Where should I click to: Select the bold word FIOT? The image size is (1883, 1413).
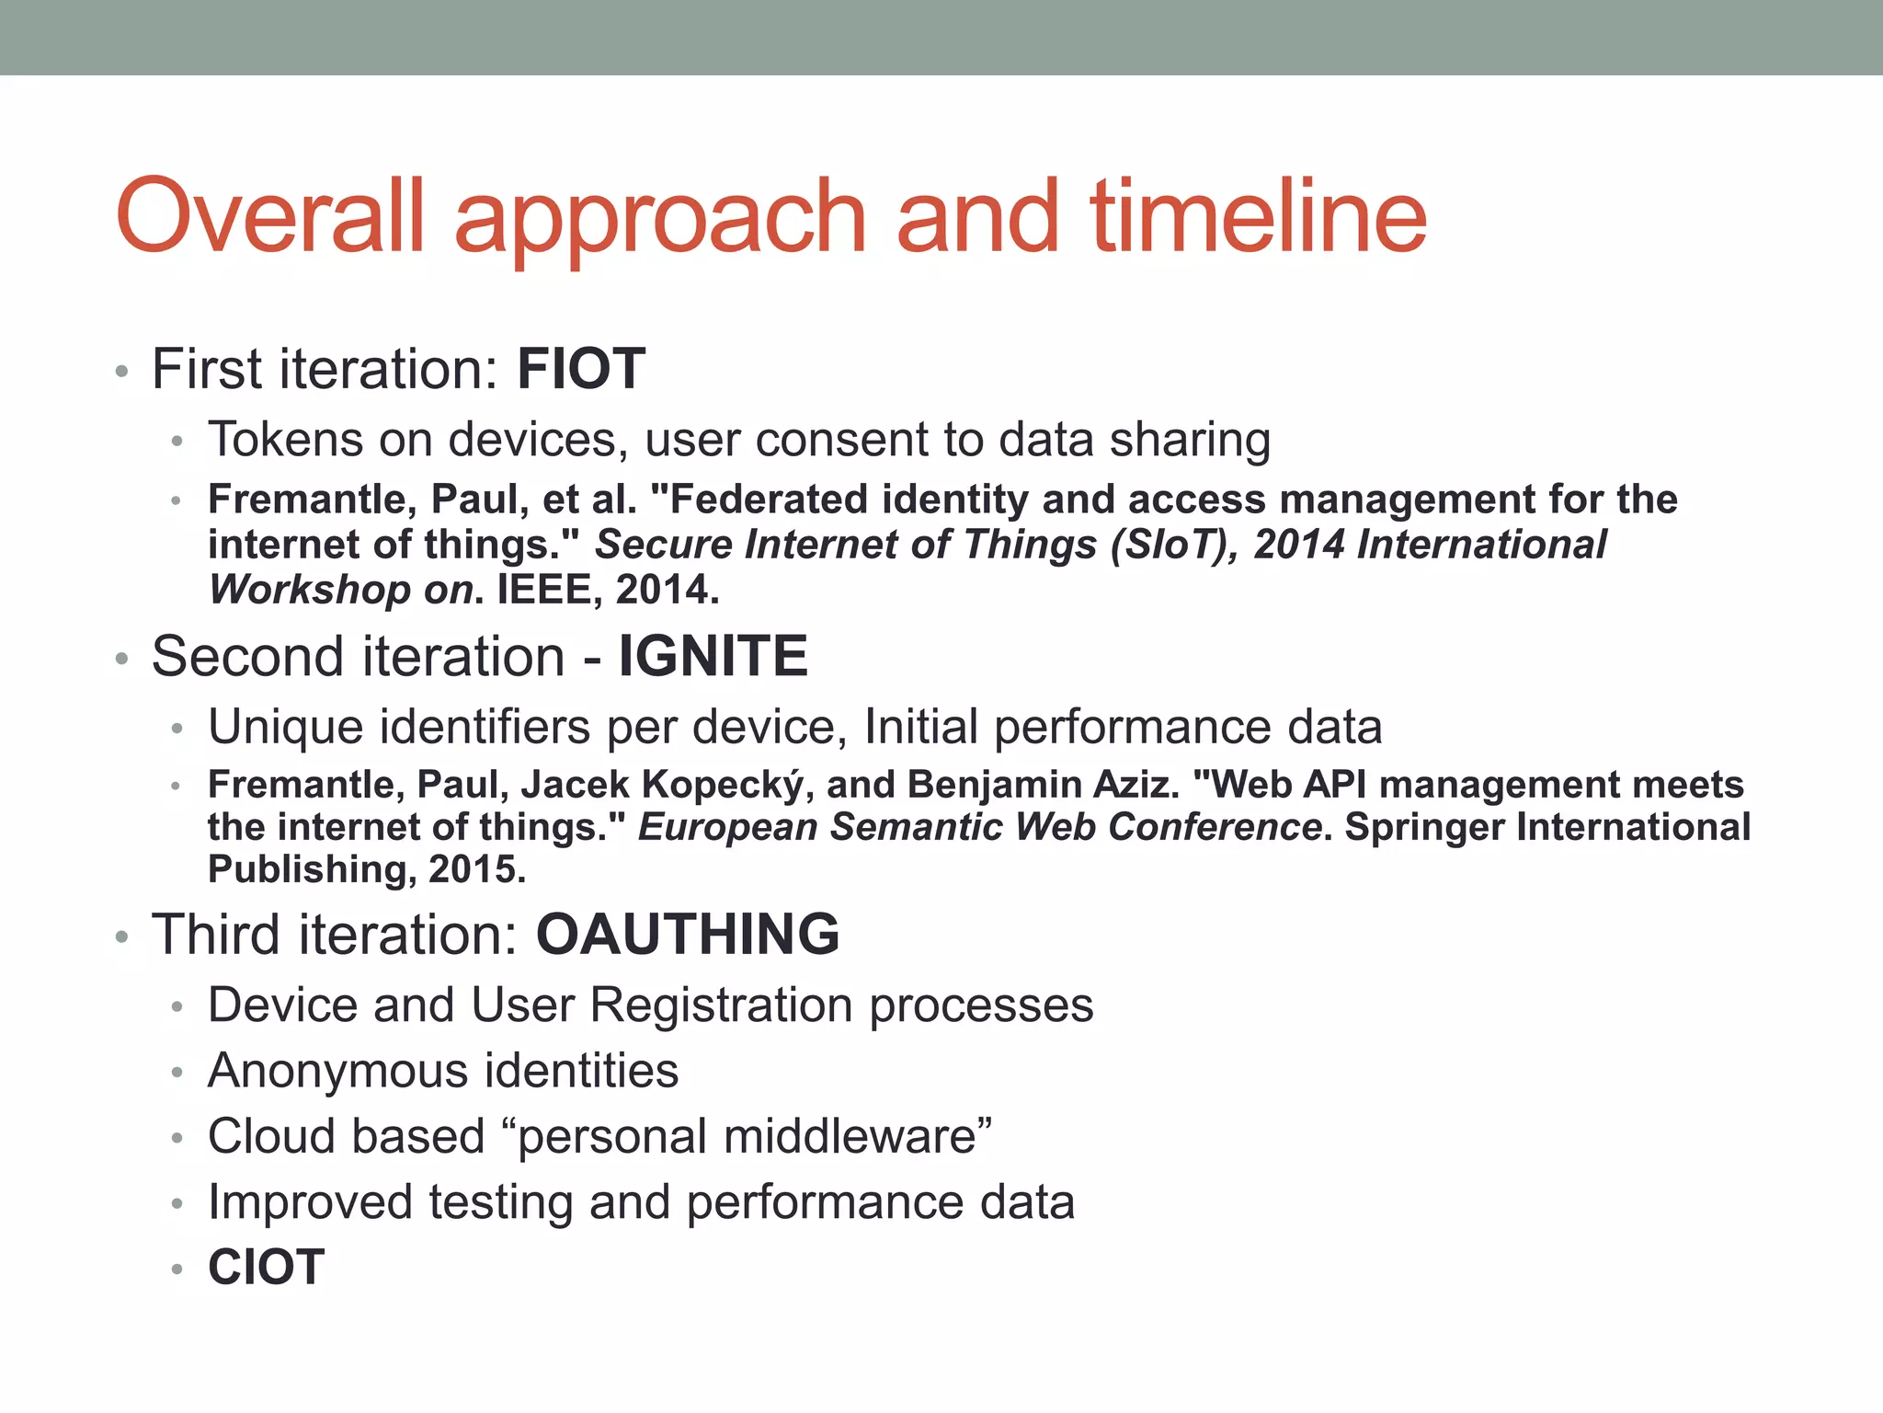(x=581, y=370)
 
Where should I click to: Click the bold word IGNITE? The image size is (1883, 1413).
(x=713, y=657)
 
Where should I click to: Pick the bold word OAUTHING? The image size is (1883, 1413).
(x=688, y=935)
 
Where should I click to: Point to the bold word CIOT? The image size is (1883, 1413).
(x=267, y=1268)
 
